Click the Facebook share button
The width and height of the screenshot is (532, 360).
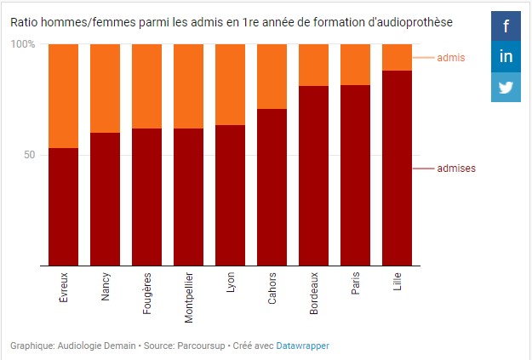(x=506, y=26)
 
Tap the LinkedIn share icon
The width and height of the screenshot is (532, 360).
(x=506, y=56)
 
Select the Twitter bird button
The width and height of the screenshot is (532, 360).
(x=506, y=87)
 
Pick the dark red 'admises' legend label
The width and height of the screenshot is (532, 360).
(x=455, y=169)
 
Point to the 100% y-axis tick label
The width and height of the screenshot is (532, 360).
(x=23, y=44)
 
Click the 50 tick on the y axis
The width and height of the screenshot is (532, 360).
(x=28, y=155)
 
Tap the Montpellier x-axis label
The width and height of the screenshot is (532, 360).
(x=189, y=294)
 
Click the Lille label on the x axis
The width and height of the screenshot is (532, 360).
(x=398, y=282)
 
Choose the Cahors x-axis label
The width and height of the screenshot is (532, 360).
(x=272, y=288)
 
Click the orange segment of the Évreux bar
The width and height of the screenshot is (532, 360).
(x=64, y=95)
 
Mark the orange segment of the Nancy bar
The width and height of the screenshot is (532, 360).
(x=106, y=88)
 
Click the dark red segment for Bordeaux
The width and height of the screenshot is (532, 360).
(x=314, y=175)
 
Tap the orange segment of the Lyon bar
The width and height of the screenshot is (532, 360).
(x=231, y=84)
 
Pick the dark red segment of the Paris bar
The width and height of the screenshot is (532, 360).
(x=356, y=175)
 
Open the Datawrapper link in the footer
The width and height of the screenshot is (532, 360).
(x=302, y=346)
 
